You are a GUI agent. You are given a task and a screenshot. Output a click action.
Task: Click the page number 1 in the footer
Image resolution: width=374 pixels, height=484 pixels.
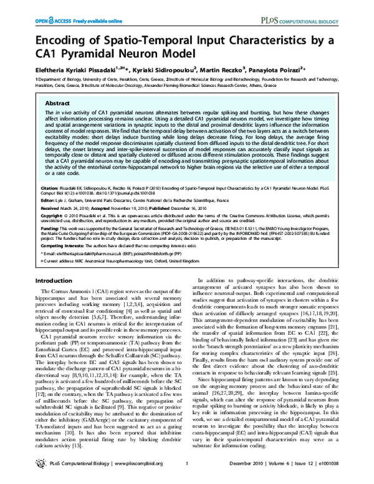[187, 473]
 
